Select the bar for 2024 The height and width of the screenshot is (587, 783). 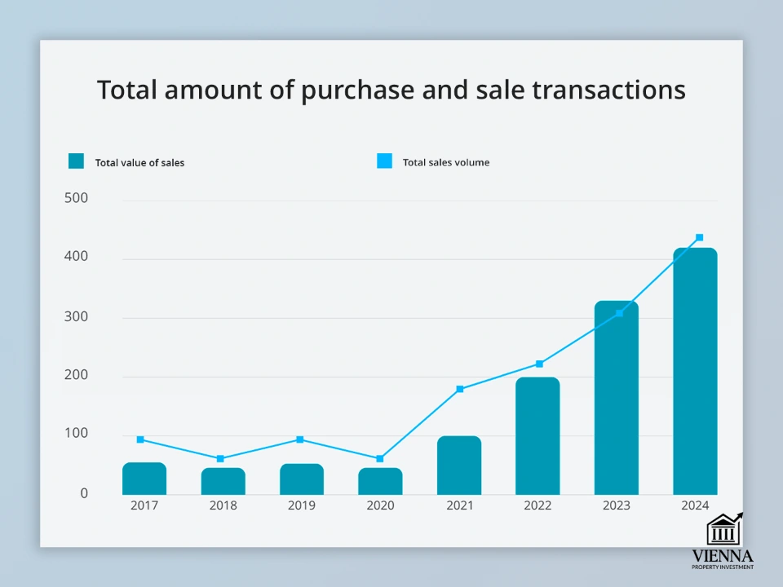pyautogui.click(x=695, y=372)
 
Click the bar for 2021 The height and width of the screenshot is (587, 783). pyautogui.click(x=459, y=466)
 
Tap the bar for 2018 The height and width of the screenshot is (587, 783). pyautogui.click(x=223, y=481)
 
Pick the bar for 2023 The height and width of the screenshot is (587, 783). pyautogui.click(x=617, y=398)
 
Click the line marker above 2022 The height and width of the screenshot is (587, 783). pyautogui.click(x=539, y=364)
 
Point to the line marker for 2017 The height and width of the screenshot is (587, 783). pyautogui.click(x=140, y=439)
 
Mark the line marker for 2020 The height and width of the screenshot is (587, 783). pyautogui.click(x=380, y=459)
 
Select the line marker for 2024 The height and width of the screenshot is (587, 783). pyautogui.click(x=699, y=237)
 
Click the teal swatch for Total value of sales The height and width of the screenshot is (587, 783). pyautogui.click(x=76, y=161)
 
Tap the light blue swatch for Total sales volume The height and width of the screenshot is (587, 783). pyautogui.click(x=384, y=161)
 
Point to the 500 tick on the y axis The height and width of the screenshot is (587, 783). pyautogui.click(x=76, y=198)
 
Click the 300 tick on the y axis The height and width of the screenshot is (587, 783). pyautogui.click(x=76, y=317)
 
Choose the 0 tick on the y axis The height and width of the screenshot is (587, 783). pyautogui.click(x=83, y=493)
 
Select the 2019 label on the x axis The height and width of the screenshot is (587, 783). pyautogui.click(x=302, y=505)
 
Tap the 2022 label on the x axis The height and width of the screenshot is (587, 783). pyautogui.click(x=537, y=505)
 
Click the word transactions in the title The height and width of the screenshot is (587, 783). pyautogui.click(x=608, y=90)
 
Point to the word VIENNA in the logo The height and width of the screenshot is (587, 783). pyautogui.click(x=722, y=556)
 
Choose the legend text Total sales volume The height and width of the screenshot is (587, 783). pyautogui.click(x=446, y=162)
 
